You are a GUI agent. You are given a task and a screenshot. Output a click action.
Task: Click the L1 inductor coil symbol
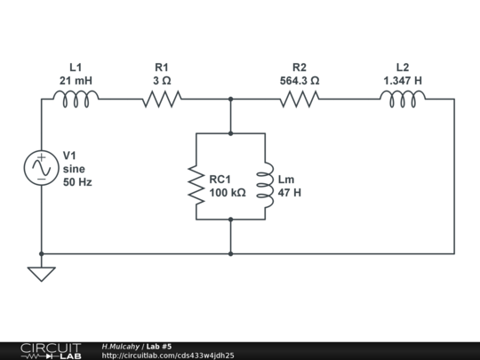coord(76,99)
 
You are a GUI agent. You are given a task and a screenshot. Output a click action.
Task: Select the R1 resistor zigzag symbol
coord(162,99)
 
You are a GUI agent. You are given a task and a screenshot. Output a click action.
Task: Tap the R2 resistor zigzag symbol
coord(300,99)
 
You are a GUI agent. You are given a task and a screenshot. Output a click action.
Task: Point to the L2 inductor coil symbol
coord(403,99)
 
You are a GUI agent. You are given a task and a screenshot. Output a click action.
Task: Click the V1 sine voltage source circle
coord(42,168)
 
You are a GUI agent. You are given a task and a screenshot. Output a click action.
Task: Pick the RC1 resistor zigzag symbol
coord(196,185)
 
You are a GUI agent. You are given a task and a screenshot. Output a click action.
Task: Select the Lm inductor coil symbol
coord(265,185)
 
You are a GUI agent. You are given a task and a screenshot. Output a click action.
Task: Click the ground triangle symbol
coord(42,274)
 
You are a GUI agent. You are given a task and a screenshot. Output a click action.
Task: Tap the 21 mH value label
coord(76,81)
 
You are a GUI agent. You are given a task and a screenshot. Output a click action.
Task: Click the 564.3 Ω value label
coord(300,81)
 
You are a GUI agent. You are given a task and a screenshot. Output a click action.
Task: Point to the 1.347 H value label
coord(403,81)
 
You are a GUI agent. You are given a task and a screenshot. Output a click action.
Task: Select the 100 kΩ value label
coord(228,193)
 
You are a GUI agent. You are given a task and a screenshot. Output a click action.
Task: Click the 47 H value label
coord(290,193)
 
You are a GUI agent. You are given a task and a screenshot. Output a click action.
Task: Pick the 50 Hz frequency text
coord(77,182)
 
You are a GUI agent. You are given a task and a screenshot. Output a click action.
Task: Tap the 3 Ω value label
coord(162,81)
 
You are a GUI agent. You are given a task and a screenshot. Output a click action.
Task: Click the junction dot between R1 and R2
coord(231,100)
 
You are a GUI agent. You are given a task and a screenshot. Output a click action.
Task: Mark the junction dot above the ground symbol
coord(42,253)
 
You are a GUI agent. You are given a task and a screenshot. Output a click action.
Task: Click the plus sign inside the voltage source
coord(42,157)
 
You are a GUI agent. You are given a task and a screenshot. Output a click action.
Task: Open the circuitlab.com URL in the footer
coord(168,356)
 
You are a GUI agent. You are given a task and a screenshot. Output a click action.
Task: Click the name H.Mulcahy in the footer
coord(121,347)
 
